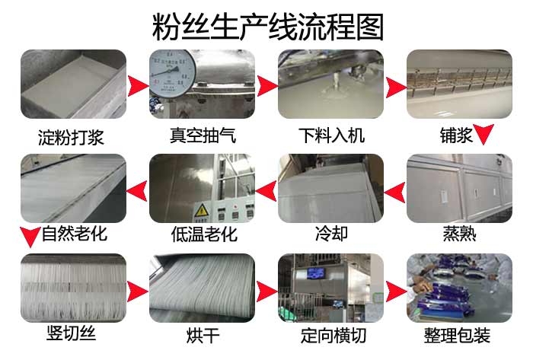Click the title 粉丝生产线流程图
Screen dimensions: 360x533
click(266, 26)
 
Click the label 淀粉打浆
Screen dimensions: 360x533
click(71, 138)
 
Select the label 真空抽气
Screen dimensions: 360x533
click(202, 137)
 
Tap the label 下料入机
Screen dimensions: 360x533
click(331, 136)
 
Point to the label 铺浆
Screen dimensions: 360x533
click(456, 136)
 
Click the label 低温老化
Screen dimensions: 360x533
click(204, 234)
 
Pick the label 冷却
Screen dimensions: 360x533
click(331, 233)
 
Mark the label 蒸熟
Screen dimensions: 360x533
click(459, 233)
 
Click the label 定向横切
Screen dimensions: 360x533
click(331, 335)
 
